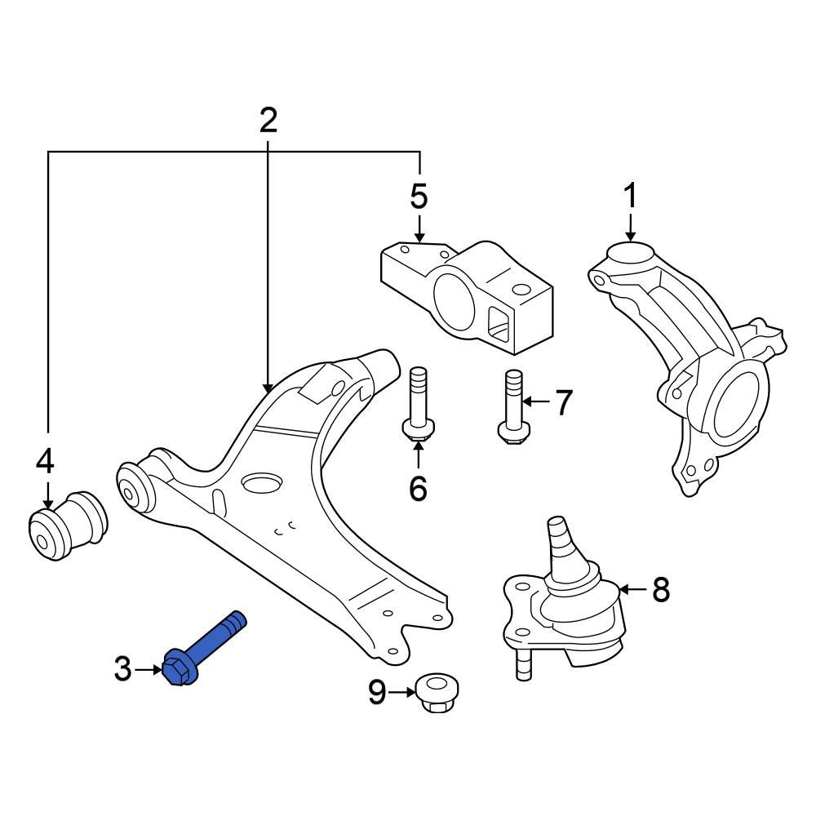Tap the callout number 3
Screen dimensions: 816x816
tap(122, 670)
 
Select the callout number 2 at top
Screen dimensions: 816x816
tap(268, 121)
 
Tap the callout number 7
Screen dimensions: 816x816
tap(563, 402)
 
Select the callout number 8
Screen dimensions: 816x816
tap(660, 588)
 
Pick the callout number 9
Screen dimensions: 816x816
tap(377, 693)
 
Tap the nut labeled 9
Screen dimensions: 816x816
tap(436, 693)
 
